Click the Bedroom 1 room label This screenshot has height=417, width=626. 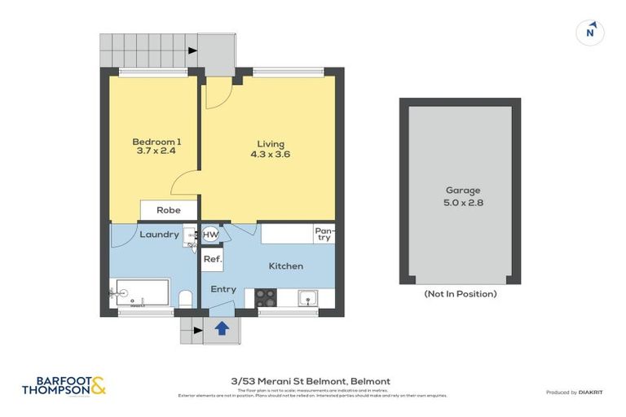click(156, 142)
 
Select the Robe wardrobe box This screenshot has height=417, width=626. click(169, 210)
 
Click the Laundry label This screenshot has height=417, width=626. click(159, 235)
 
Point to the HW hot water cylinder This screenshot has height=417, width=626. click(210, 235)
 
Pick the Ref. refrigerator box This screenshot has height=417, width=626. click(212, 260)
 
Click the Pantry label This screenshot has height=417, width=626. click(324, 235)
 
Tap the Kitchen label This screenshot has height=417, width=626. click(285, 266)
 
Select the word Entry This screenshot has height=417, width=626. click(223, 289)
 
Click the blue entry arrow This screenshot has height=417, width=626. click(222, 327)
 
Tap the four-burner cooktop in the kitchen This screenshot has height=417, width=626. click(266, 298)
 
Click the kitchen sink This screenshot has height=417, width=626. click(308, 298)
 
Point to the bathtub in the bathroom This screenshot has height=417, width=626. click(143, 292)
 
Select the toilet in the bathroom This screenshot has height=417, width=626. click(185, 298)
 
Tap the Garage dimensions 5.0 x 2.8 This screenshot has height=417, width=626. click(460, 203)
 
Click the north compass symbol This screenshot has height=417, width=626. click(590, 33)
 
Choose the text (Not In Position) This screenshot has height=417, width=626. click(460, 294)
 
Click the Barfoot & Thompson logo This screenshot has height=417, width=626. click(64, 385)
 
